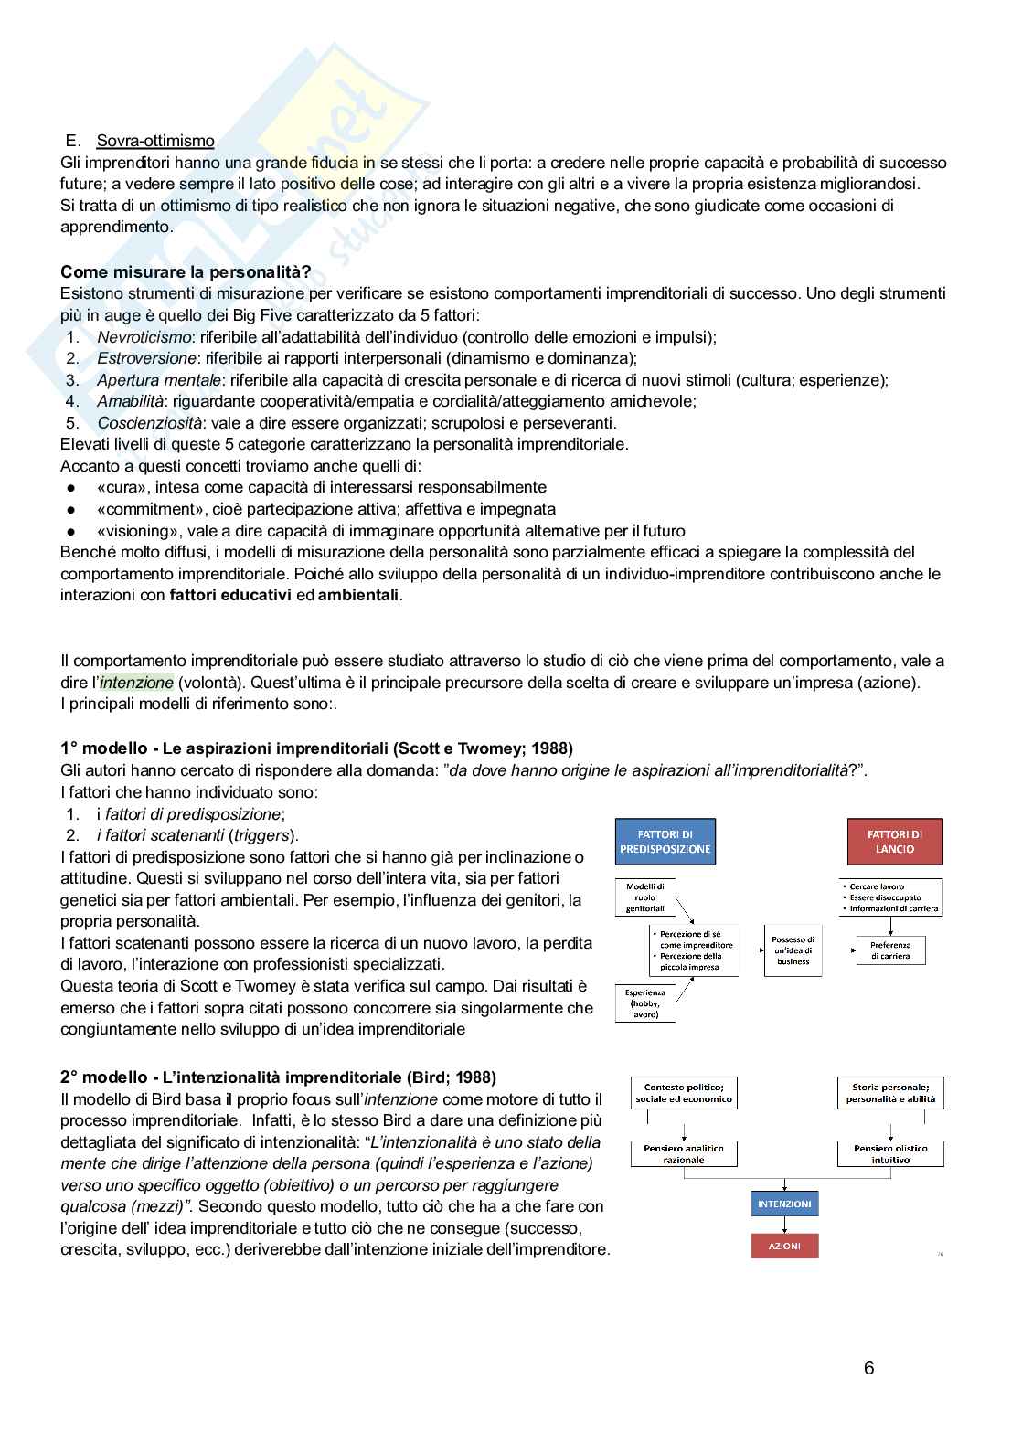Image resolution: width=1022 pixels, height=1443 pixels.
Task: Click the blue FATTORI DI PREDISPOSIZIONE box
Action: (x=665, y=842)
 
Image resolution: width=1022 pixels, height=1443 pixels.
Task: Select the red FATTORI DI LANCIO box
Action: (x=894, y=842)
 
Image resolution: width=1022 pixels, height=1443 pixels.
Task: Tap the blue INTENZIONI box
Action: (x=784, y=1204)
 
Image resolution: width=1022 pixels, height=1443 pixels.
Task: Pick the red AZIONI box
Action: (x=784, y=1246)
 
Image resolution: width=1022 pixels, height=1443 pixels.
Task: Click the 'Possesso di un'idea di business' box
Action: (x=793, y=950)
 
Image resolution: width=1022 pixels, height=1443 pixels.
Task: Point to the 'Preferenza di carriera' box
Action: (x=890, y=950)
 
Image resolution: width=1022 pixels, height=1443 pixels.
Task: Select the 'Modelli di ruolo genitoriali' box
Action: (x=645, y=897)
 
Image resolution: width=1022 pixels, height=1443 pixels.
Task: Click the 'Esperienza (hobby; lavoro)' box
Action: (x=644, y=1003)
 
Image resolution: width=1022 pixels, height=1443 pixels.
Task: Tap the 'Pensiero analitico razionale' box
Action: (x=684, y=1154)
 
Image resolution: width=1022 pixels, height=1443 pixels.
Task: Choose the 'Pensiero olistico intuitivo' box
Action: (x=890, y=1154)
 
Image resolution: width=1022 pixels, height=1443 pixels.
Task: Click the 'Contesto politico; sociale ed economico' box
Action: (x=684, y=1093)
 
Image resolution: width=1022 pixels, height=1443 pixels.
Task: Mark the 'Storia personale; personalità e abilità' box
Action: (x=890, y=1093)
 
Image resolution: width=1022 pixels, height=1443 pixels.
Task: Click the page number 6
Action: (x=868, y=1368)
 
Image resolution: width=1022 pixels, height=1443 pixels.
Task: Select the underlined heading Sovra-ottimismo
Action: (x=155, y=141)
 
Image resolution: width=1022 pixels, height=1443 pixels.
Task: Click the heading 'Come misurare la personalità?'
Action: (x=186, y=272)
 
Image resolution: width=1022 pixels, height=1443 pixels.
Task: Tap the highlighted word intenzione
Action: (x=136, y=683)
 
